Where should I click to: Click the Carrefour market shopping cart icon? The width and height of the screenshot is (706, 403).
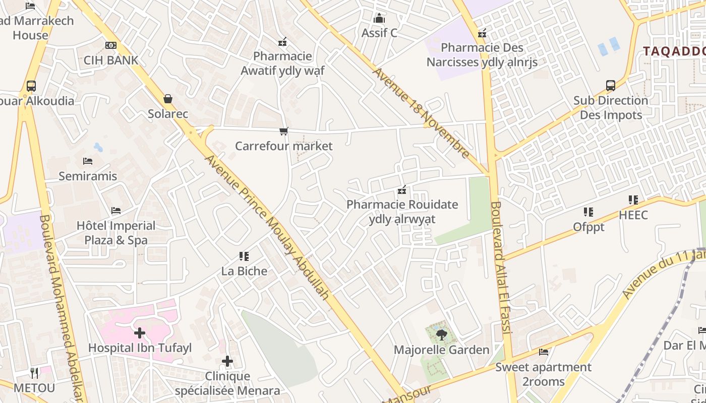[283, 131]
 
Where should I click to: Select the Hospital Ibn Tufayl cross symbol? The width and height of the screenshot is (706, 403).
[140, 333]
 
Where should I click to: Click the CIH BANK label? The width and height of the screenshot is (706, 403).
[111, 60]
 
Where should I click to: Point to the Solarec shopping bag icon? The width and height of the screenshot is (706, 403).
[168, 99]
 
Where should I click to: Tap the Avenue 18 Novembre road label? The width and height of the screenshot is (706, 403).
[421, 112]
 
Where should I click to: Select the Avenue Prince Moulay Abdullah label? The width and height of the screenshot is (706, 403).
[267, 227]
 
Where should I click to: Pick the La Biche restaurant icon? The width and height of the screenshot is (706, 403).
[245, 256]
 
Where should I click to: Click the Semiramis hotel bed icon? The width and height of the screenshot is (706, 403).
[88, 161]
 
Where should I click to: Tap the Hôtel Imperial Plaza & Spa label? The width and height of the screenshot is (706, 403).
[116, 233]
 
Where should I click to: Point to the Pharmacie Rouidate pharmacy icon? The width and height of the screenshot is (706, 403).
[402, 190]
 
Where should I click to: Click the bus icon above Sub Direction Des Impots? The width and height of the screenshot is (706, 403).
[611, 86]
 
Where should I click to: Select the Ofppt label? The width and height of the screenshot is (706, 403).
[589, 227]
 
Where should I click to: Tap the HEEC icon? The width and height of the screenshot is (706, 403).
[633, 200]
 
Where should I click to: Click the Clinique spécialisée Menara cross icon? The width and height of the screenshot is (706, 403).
[227, 361]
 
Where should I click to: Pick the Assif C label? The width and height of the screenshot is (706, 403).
[379, 33]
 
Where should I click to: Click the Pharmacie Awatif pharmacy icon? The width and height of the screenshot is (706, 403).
[282, 41]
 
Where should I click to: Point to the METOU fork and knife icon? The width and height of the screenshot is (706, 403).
[34, 373]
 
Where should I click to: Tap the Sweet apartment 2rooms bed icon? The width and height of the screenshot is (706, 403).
[544, 352]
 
